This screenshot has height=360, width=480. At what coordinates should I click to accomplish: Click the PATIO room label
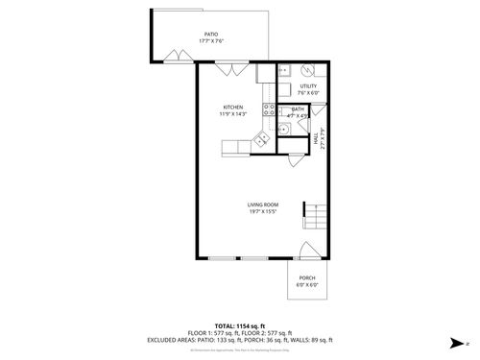click(210, 34)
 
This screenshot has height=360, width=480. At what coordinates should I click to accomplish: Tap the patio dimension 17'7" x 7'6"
click(210, 41)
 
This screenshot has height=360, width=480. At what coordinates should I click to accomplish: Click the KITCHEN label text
click(233, 108)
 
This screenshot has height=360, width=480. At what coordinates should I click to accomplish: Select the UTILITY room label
click(308, 86)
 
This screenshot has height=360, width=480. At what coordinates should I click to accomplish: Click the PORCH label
click(306, 277)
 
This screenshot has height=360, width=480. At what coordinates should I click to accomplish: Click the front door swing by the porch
click(307, 252)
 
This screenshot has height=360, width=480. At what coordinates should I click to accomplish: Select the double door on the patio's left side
click(175, 54)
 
